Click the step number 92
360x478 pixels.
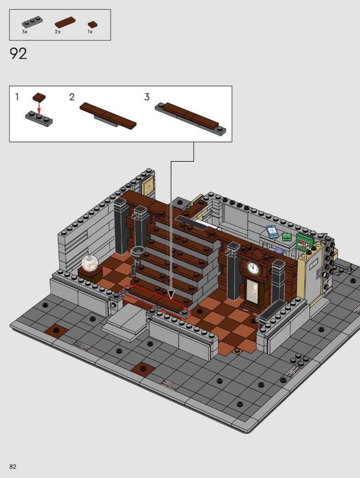click(x=18, y=54)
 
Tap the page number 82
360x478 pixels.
click(x=13, y=467)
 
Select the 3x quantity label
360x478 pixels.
click(x=25, y=32)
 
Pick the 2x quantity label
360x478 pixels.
click(x=58, y=32)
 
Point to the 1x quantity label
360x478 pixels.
click(x=90, y=32)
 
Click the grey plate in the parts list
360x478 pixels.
click(x=32, y=22)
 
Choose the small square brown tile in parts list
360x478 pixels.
click(x=93, y=25)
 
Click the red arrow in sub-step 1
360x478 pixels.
click(x=39, y=107)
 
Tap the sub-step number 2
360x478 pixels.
click(x=72, y=97)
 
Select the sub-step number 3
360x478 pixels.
click(x=147, y=97)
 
